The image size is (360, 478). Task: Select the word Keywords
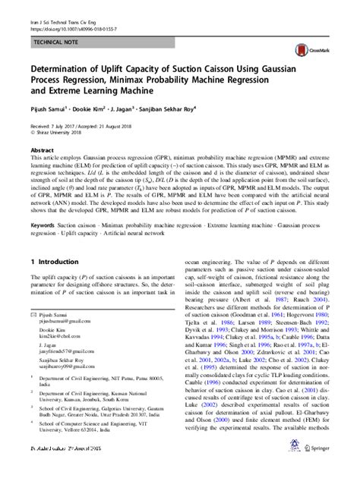pos(45,225)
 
